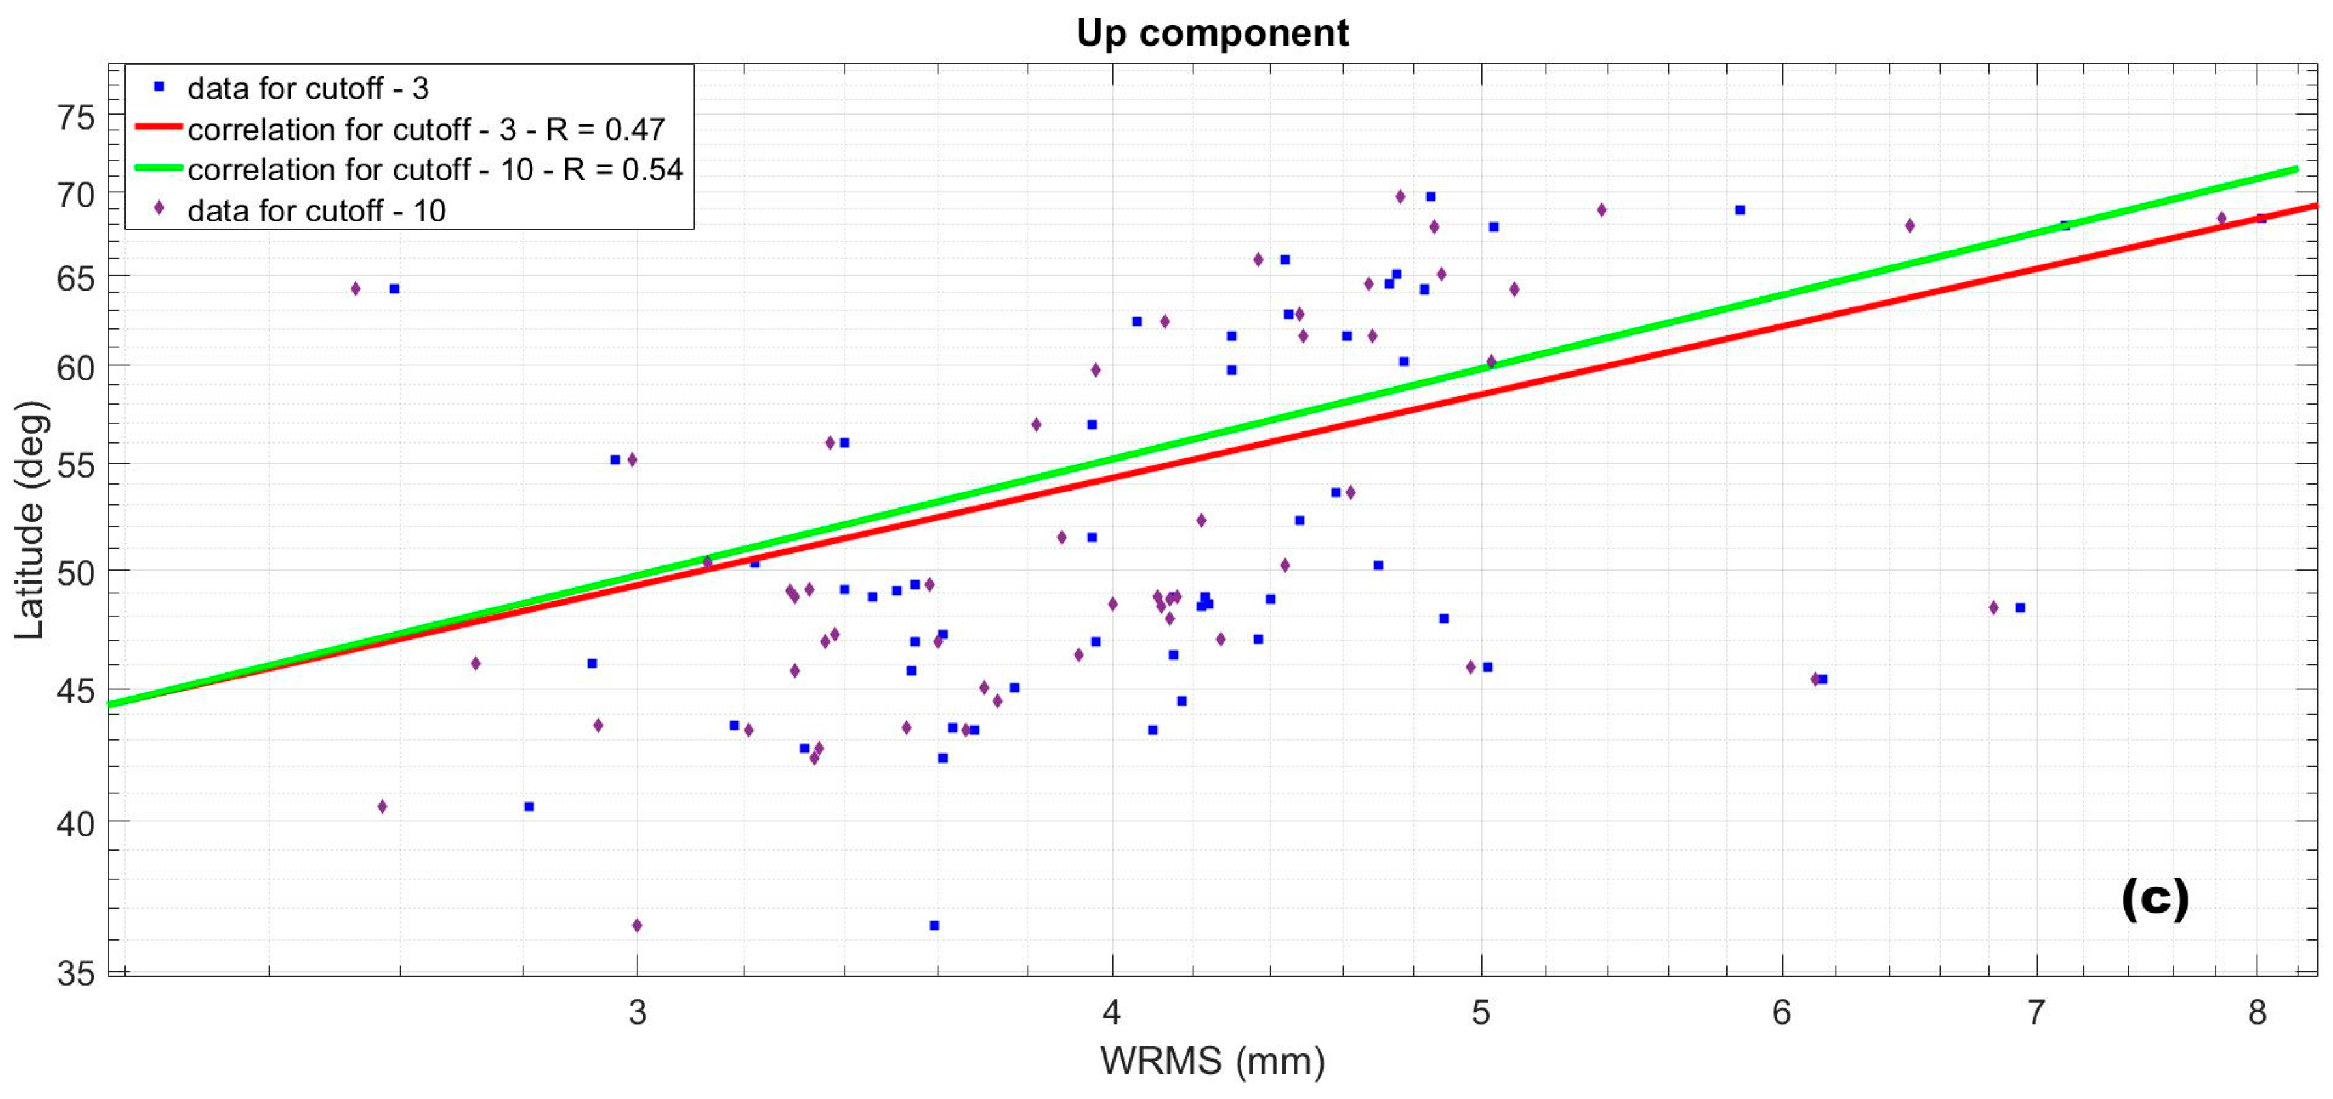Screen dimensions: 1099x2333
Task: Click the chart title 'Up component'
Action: (x=1211, y=33)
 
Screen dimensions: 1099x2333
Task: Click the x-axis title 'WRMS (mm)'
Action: (x=1211, y=1060)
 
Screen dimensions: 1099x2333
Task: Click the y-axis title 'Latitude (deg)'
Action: (x=30, y=520)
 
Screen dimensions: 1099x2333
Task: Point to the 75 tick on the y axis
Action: (x=76, y=118)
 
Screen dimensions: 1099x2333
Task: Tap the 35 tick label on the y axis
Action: (x=76, y=973)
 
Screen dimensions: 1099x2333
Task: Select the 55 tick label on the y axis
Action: (x=76, y=465)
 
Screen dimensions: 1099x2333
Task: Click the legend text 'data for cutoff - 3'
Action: (x=308, y=89)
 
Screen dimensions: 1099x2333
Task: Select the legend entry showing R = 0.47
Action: (x=426, y=130)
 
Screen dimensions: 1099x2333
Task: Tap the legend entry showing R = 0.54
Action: (x=435, y=169)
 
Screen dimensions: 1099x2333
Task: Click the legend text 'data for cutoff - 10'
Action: (x=316, y=211)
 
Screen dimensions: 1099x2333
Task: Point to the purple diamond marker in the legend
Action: (x=160, y=209)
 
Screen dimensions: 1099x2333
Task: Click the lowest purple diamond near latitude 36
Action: (x=637, y=925)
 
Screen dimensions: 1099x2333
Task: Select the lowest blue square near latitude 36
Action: (x=934, y=925)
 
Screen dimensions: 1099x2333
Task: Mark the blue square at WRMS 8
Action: (x=2261, y=218)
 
